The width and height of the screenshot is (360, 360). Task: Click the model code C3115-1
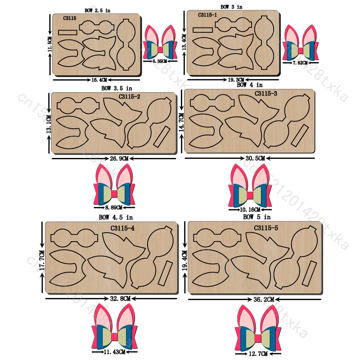click(x=207, y=15)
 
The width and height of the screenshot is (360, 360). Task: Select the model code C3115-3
click(x=266, y=94)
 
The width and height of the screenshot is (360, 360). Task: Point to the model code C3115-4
click(x=122, y=228)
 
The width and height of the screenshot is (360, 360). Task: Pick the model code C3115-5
click(x=266, y=228)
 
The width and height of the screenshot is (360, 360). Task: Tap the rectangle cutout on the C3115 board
click(x=68, y=32)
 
